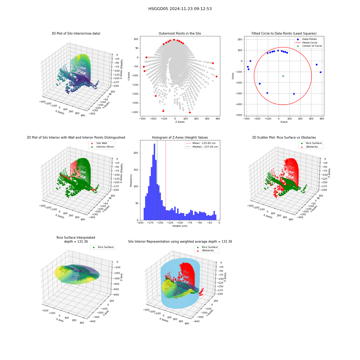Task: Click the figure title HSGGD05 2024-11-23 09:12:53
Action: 180,9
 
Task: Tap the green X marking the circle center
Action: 283,76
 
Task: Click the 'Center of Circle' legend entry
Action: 309,46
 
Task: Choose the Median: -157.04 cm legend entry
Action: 202,147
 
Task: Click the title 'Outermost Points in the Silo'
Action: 180,33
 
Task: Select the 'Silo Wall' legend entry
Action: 99,143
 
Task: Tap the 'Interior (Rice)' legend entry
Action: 102,147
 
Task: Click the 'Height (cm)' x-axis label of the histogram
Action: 180,226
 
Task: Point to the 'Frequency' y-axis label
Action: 131,180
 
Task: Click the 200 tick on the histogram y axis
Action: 136,153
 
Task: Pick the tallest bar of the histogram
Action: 154,182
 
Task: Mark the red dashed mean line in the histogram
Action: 166,180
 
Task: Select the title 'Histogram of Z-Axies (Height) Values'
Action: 180,138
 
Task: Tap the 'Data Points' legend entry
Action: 307,39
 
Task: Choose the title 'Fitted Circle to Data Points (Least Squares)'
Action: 284,33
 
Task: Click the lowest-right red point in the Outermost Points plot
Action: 190,112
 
